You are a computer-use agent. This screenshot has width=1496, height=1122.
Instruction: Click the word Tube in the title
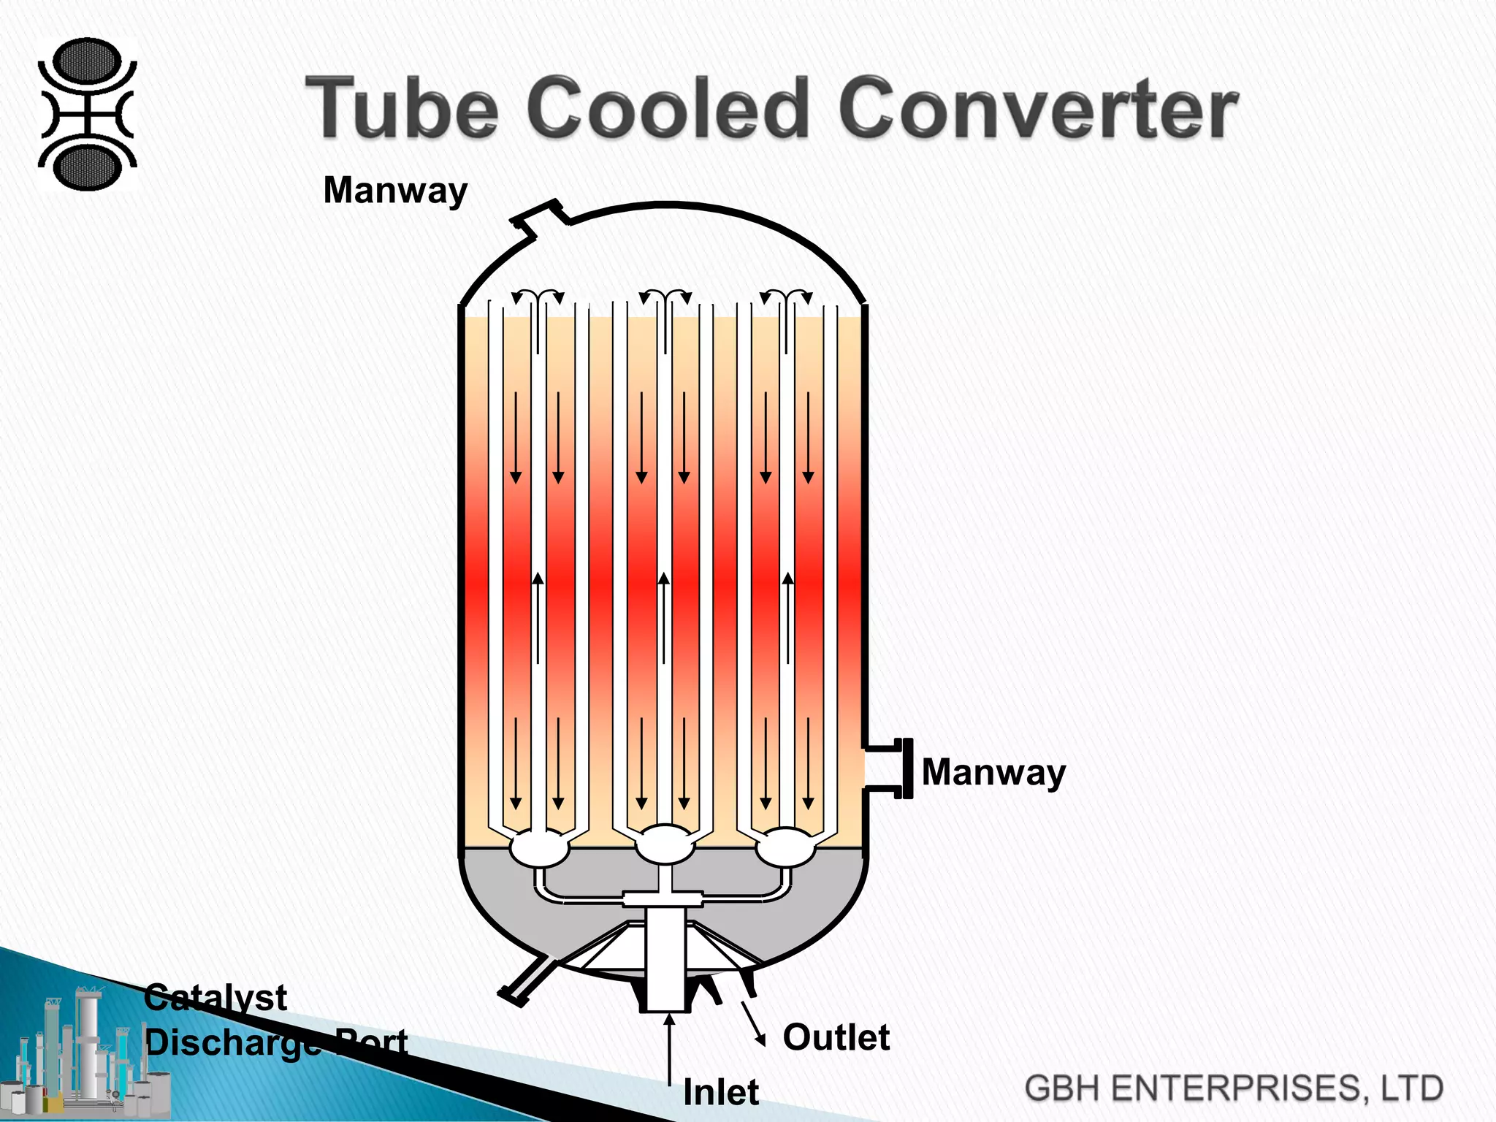pyautogui.click(x=401, y=110)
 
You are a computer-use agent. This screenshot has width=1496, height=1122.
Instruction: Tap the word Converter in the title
pyautogui.click(x=1037, y=110)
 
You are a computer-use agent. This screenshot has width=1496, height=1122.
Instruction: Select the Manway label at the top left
pyautogui.click(x=395, y=191)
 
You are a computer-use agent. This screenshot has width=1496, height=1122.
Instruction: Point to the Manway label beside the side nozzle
pyautogui.click(x=993, y=772)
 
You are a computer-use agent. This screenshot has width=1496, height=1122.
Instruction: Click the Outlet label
pyautogui.click(x=836, y=1037)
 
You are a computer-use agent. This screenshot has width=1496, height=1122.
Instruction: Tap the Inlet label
pyautogui.click(x=721, y=1093)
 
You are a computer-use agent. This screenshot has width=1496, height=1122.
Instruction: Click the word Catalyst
pyautogui.click(x=215, y=998)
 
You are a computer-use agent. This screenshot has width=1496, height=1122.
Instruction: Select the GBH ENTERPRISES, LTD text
pyautogui.click(x=1234, y=1088)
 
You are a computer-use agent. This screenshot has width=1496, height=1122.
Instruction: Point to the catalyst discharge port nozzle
pyautogui.click(x=523, y=983)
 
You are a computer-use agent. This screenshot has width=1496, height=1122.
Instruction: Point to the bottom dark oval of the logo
pyautogui.click(x=88, y=167)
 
